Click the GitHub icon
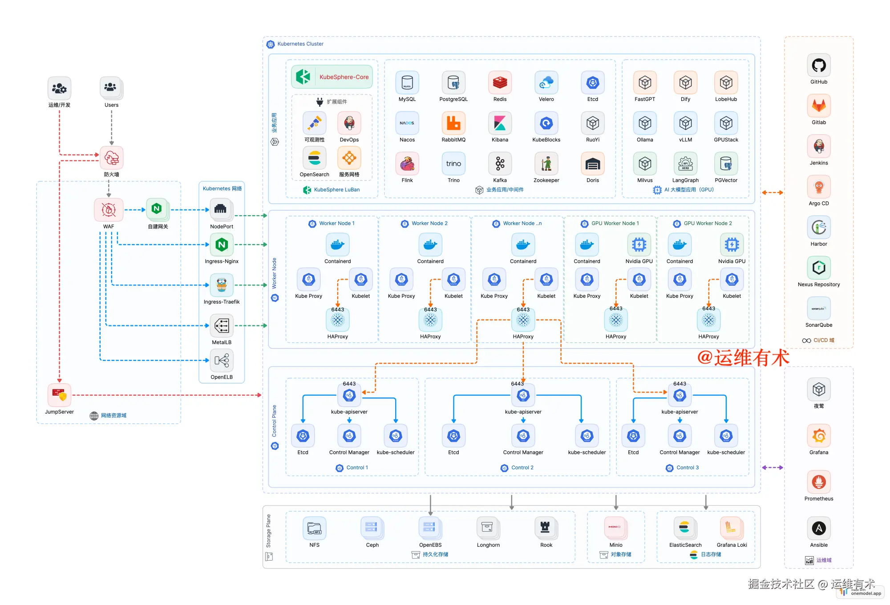click(818, 66)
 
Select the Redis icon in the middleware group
click(500, 83)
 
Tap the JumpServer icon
click(59, 395)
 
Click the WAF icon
click(109, 210)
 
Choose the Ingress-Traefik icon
click(222, 285)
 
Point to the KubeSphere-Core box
click(332, 77)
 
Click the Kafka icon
click(500, 164)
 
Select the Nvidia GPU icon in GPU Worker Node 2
click(732, 244)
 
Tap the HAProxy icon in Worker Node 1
click(338, 320)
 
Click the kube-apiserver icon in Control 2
click(523, 395)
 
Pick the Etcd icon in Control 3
click(633, 436)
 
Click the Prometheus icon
click(818, 482)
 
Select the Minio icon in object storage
click(615, 528)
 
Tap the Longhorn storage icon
click(488, 528)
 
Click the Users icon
click(111, 88)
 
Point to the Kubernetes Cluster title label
click(300, 44)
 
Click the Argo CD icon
click(818, 187)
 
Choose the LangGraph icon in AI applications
click(685, 164)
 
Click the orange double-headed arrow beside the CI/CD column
click(772, 192)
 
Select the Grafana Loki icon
click(731, 528)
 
